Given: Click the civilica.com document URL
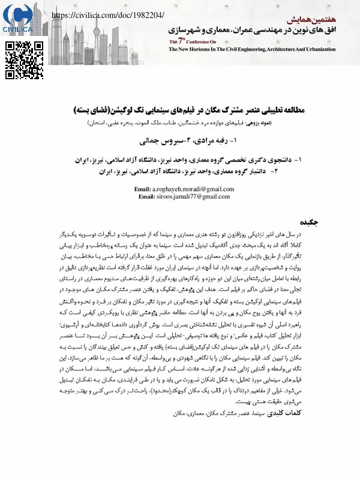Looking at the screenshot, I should (x=108, y=14).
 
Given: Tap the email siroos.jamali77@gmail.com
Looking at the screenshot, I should (x=192, y=196).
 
